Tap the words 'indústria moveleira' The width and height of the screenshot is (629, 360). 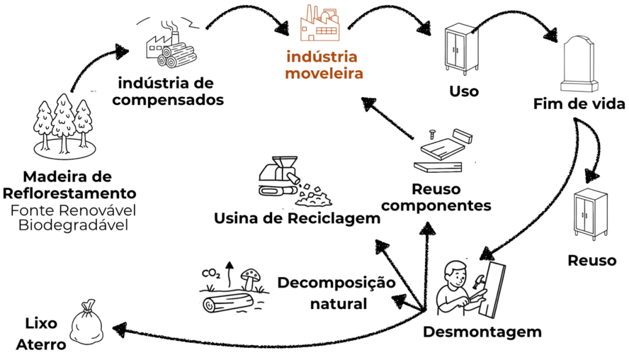pos(321,65)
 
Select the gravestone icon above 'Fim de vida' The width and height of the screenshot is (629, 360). pos(579,63)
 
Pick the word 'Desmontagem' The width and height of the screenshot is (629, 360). pos(482,332)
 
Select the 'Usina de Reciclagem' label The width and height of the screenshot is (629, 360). pos(297,218)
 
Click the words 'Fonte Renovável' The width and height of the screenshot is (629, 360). pos(72,209)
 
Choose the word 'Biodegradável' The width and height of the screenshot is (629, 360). pos(73,225)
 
